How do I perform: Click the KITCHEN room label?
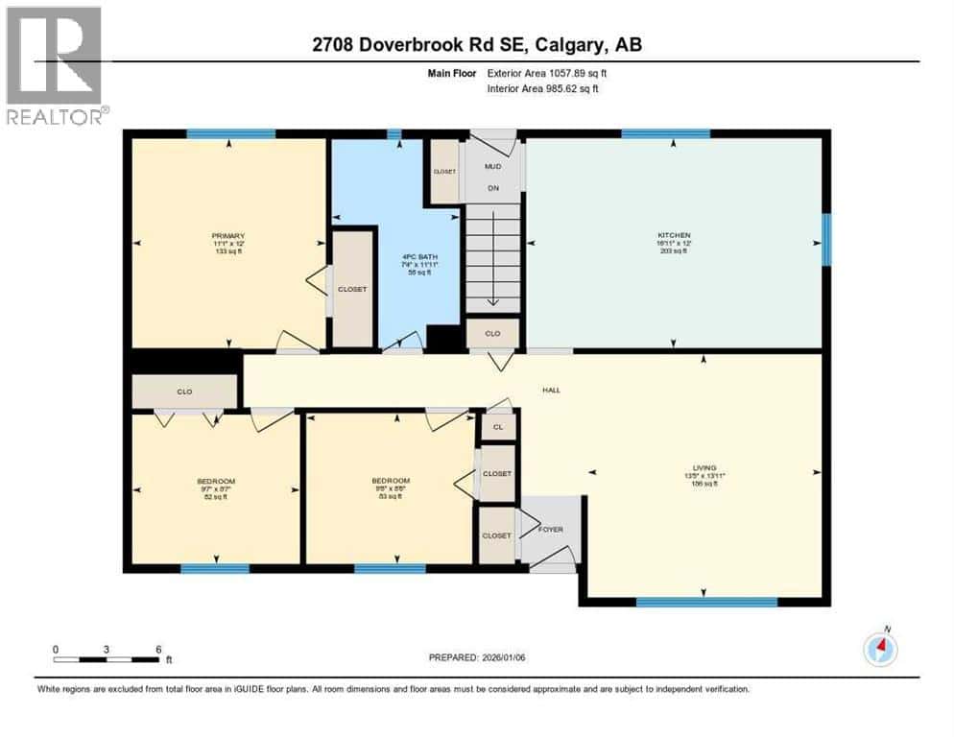coord(674,235)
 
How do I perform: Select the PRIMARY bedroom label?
coord(229,236)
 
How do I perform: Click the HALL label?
coord(551,390)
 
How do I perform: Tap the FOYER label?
coord(550,529)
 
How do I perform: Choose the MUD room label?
coord(492,165)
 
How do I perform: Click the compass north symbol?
coord(879,650)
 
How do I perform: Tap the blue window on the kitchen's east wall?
coord(825,239)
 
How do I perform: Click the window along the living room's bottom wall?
coord(706,602)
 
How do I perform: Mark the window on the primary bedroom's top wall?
coord(230,133)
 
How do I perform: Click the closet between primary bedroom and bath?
coord(352,289)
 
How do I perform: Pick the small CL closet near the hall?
coord(498,427)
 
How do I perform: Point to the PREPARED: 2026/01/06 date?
coord(476,657)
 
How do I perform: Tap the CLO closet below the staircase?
coord(492,334)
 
